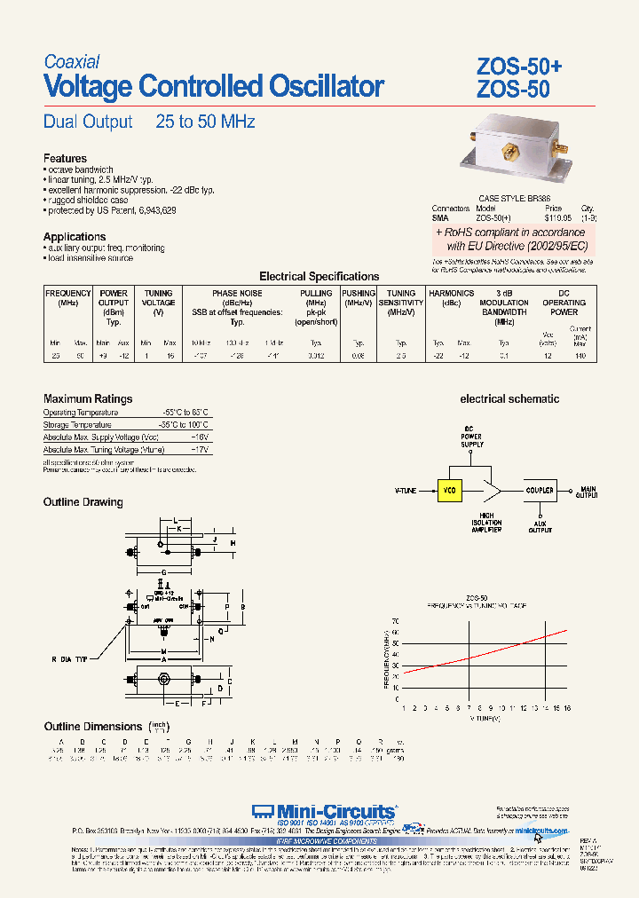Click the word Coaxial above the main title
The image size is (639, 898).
tap(72, 62)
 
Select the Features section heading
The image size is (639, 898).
tap(65, 159)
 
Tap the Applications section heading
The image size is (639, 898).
tap(75, 236)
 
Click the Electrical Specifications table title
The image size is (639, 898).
tap(319, 277)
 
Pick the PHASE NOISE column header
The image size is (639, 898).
tap(236, 293)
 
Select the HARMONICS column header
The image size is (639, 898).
tap(452, 293)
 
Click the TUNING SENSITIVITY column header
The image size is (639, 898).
tap(401, 297)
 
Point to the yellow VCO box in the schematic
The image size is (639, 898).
tap(451, 491)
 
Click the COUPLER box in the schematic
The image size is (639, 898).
tap(540, 491)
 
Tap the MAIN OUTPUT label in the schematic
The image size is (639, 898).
tap(588, 492)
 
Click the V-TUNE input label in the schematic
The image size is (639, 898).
tap(406, 491)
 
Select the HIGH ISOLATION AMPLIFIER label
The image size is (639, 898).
tap(488, 523)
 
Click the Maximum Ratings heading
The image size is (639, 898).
tap(88, 399)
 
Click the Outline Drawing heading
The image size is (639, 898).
tap(83, 502)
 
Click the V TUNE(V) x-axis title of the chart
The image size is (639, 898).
tap(485, 718)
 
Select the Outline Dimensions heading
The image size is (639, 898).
tap(92, 727)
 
